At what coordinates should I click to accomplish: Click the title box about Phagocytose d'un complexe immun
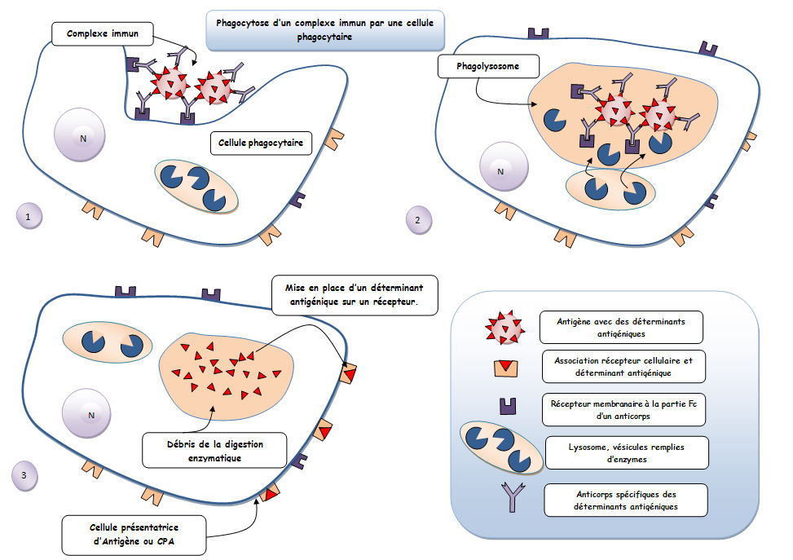[x=324, y=29]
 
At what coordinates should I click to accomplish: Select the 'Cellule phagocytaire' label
[x=261, y=143]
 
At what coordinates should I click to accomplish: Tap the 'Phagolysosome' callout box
[x=478, y=65]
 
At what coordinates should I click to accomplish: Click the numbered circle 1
[x=29, y=217]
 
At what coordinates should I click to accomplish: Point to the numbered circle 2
[x=418, y=219]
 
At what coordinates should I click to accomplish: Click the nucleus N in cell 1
[x=82, y=138]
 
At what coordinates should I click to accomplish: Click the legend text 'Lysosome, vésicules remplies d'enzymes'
[x=625, y=452]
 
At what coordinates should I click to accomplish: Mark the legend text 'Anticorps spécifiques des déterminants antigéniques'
[x=625, y=500]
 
